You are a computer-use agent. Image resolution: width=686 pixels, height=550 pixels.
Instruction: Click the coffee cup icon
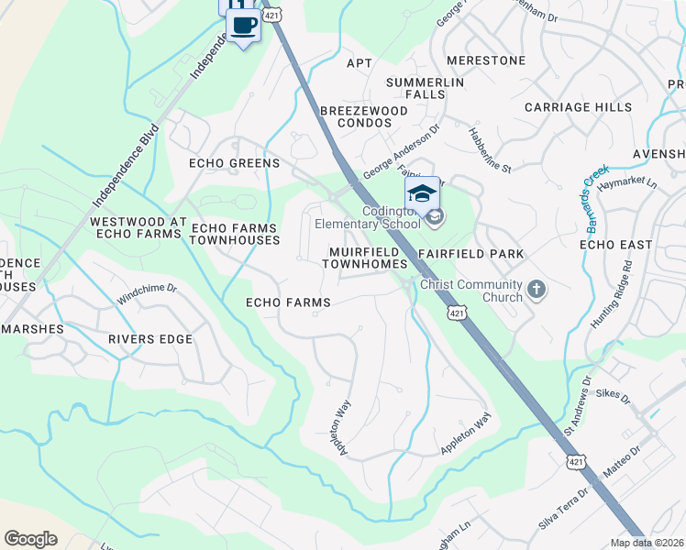[x=243, y=26]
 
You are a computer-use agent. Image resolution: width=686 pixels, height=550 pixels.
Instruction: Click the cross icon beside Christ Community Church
[x=537, y=291]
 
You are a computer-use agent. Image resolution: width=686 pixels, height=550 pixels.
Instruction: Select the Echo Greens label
[x=233, y=163]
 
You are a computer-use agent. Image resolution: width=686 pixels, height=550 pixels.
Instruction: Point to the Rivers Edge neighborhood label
[x=150, y=339]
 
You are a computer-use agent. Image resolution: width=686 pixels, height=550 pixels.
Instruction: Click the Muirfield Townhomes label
[x=364, y=257]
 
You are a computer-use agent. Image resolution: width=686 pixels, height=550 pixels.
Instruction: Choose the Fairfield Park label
[x=470, y=253]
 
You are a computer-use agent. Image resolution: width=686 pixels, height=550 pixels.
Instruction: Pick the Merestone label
[x=486, y=60]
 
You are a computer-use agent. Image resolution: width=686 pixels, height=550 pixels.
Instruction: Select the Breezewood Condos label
[x=363, y=115]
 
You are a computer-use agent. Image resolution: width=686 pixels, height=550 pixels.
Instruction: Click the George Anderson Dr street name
[x=401, y=152]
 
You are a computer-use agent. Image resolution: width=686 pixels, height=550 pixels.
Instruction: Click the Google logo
[x=31, y=539]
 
